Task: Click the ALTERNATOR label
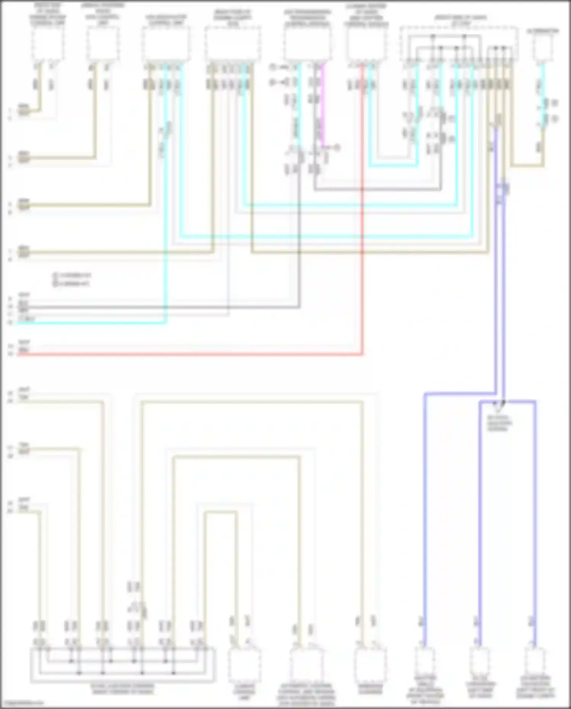point(543,31)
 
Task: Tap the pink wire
point(323,107)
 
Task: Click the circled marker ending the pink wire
point(337,147)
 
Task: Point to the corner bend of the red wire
point(362,354)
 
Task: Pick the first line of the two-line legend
point(72,275)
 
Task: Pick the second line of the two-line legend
point(72,283)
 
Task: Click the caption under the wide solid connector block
point(123,689)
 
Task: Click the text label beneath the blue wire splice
point(499,423)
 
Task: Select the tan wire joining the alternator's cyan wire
point(527,166)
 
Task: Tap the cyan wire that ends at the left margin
point(91,323)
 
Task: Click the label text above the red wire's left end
point(24,343)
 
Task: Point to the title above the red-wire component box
point(366,15)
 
